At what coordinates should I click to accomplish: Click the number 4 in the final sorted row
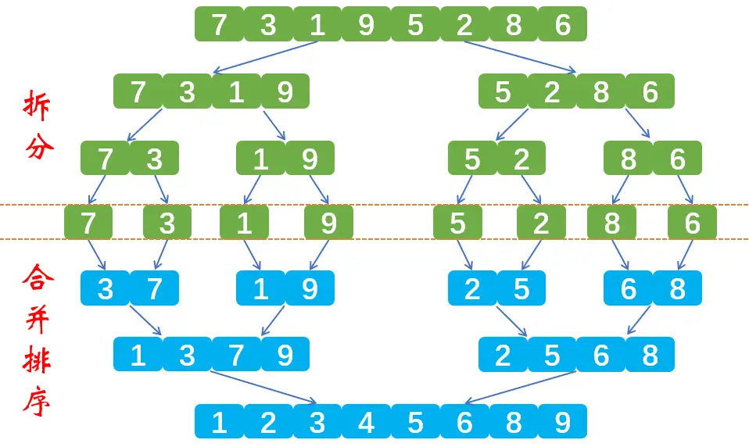pyautogui.click(x=366, y=422)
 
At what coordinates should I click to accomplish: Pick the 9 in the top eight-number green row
pyautogui.click(x=366, y=25)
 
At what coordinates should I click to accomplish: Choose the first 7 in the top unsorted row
pyautogui.click(x=219, y=25)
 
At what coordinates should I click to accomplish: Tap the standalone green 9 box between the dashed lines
pyautogui.click(x=328, y=223)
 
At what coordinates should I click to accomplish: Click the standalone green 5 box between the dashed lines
pyautogui.click(x=457, y=223)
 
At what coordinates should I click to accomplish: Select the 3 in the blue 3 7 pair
pyautogui.click(x=106, y=288)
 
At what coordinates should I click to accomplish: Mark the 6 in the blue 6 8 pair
pyautogui.click(x=629, y=288)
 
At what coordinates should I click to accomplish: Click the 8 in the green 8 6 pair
pyautogui.click(x=629, y=159)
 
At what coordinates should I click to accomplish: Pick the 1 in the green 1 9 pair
pyautogui.click(x=260, y=159)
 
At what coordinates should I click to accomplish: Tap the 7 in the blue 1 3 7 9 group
pyautogui.click(x=236, y=355)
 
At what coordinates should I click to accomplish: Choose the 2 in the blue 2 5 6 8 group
pyautogui.click(x=503, y=355)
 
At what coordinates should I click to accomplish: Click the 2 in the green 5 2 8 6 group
pyautogui.click(x=552, y=91)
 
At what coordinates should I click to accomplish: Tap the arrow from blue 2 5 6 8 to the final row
pyautogui.click(x=520, y=388)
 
